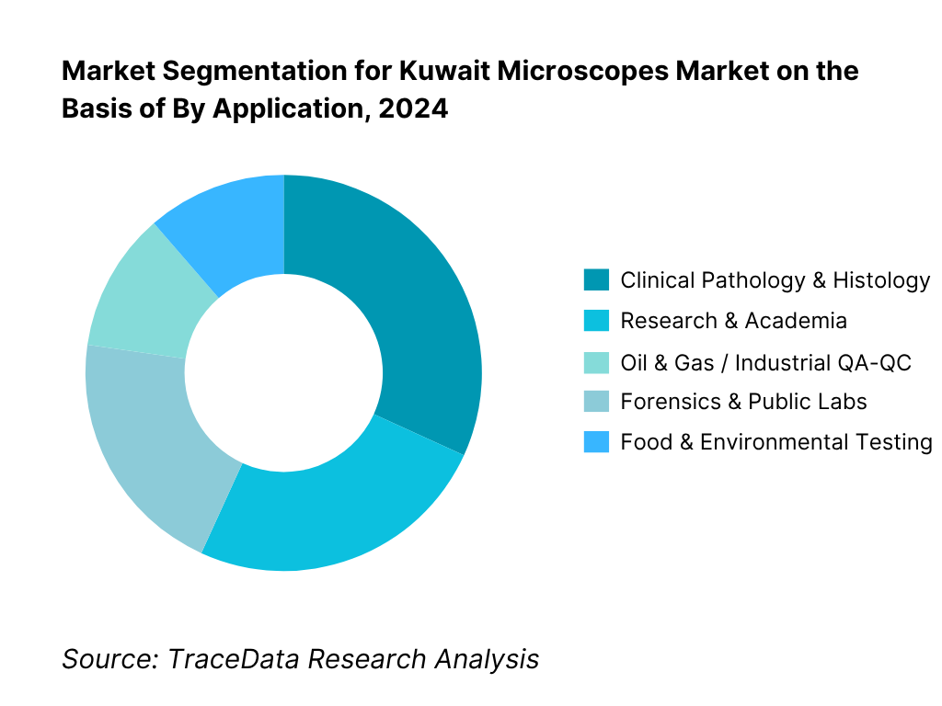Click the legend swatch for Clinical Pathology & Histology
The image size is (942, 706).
tap(596, 279)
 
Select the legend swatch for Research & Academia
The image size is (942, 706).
tap(596, 320)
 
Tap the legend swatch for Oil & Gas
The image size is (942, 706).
tap(596, 361)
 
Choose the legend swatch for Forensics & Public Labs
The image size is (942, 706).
tap(596, 402)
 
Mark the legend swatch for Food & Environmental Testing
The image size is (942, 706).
tap(596, 442)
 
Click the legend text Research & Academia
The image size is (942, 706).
tap(733, 321)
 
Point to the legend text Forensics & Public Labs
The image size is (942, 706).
tap(743, 402)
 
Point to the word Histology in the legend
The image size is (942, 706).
tap(881, 280)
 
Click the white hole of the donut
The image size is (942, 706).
tap(283, 372)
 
